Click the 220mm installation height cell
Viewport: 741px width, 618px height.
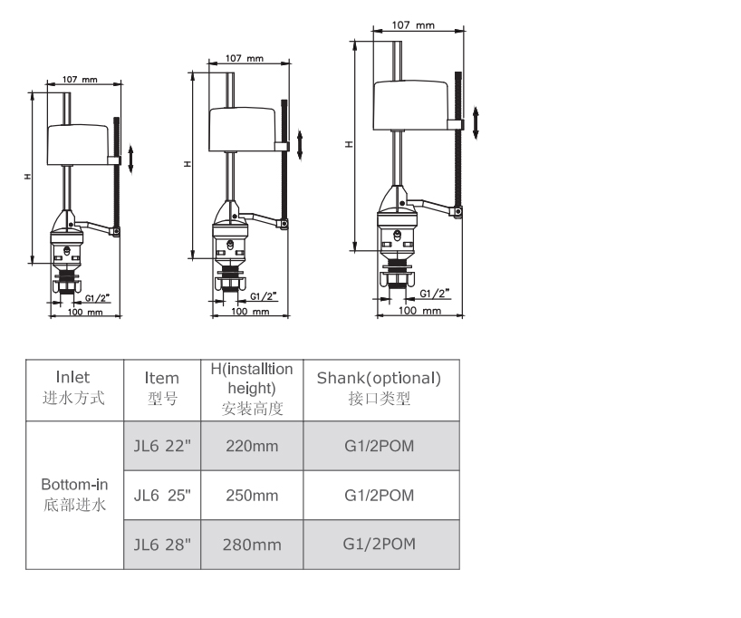(x=252, y=446)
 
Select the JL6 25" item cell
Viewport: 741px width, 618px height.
(x=162, y=495)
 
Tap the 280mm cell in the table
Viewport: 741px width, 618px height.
(x=252, y=545)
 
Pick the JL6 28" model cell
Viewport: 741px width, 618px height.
(x=162, y=545)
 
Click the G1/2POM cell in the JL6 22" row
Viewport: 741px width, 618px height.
(x=380, y=446)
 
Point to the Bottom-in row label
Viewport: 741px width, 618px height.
(x=74, y=495)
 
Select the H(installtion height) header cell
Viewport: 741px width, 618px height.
(x=252, y=390)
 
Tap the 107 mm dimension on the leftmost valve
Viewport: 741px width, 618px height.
(x=80, y=79)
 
